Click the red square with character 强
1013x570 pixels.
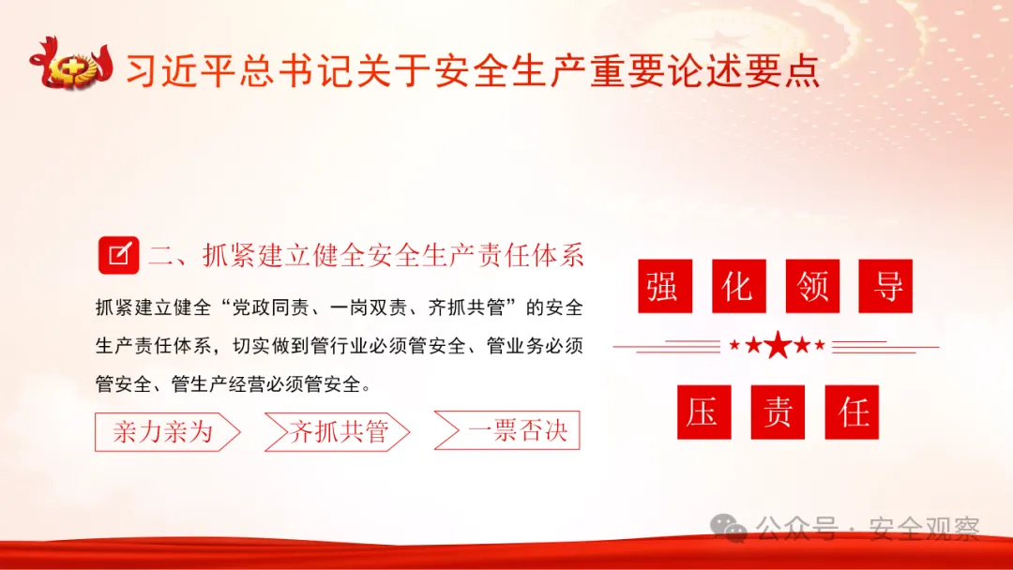coord(663,286)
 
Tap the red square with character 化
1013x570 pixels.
coord(738,286)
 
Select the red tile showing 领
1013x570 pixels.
coord(812,286)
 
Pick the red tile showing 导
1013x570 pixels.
coord(886,286)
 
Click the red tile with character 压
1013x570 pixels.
coord(703,412)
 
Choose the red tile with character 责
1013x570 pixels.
coord(778,412)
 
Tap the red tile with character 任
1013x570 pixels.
coord(852,412)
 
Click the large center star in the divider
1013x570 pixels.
coord(778,346)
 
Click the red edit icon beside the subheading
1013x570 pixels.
coord(118,254)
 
